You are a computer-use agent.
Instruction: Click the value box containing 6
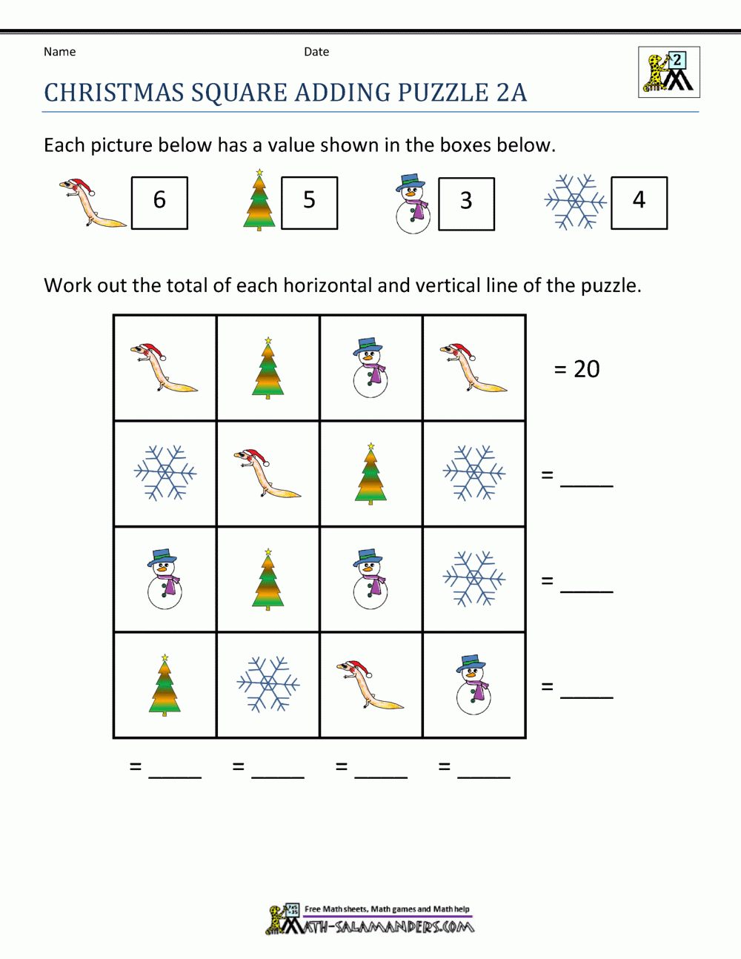coord(159,202)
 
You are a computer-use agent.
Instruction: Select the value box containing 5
coord(309,202)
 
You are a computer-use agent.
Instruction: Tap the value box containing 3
coord(466,203)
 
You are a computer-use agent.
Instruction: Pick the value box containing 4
coord(639,202)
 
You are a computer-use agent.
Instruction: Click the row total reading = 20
coord(577,369)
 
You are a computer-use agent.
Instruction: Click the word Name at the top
coord(59,52)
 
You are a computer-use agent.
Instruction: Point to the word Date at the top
coord(316,52)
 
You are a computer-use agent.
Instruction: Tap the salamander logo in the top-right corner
coord(668,73)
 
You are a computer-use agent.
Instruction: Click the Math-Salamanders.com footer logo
coord(370,920)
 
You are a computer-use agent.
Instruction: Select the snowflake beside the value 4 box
coord(575,202)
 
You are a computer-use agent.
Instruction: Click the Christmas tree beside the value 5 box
coord(259,200)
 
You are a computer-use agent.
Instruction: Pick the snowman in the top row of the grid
coord(370,368)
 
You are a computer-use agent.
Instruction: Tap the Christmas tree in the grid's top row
coord(268,368)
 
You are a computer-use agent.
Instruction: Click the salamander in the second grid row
coord(267,473)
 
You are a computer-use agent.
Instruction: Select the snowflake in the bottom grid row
coord(268,684)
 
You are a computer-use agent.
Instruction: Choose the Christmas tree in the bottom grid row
coord(165,685)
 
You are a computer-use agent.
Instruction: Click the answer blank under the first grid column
coord(175,769)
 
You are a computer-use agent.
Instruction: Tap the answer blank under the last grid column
coord(484,769)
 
